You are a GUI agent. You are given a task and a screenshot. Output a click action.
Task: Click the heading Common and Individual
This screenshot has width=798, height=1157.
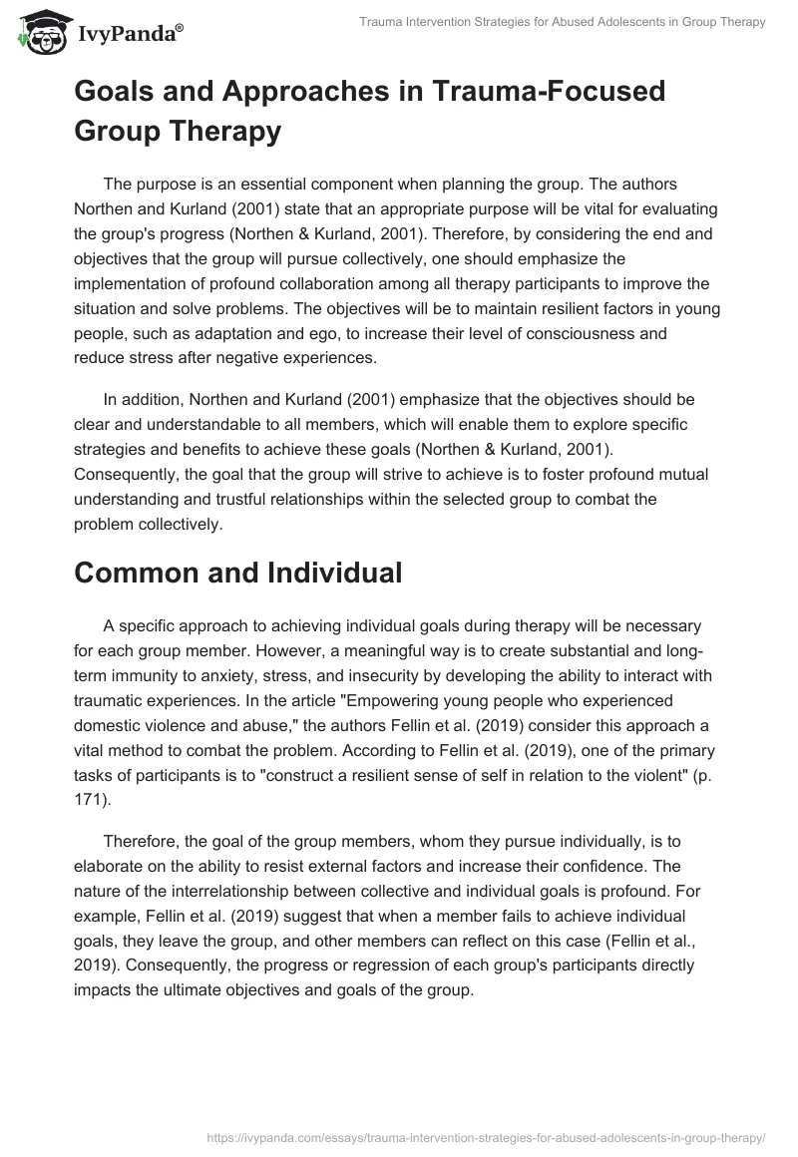pos(237,573)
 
